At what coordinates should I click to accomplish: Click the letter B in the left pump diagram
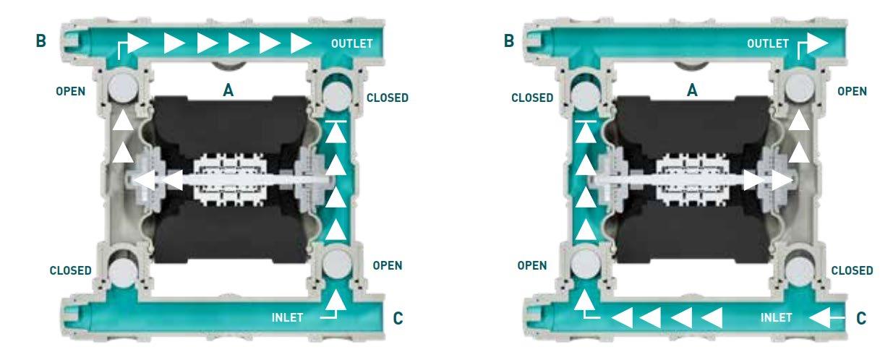pyautogui.click(x=40, y=41)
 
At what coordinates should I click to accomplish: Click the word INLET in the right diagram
pyautogui.click(x=777, y=317)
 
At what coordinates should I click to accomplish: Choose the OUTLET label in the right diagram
pyautogui.click(x=768, y=44)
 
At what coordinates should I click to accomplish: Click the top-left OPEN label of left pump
pyautogui.click(x=70, y=92)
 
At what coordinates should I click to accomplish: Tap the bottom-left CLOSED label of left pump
pyautogui.click(x=70, y=271)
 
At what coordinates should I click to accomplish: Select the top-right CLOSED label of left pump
pyautogui.click(x=388, y=98)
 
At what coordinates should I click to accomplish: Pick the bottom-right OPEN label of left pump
pyautogui.click(x=387, y=265)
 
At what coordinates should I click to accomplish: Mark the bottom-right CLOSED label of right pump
pyautogui.click(x=852, y=270)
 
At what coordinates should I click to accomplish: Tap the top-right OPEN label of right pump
pyautogui.click(x=852, y=92)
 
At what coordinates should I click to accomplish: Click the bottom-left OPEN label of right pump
pyautogui.click(x=532, y=265)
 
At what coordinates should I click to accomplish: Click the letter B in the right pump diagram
pyautogui.click(x=509, y=41)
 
